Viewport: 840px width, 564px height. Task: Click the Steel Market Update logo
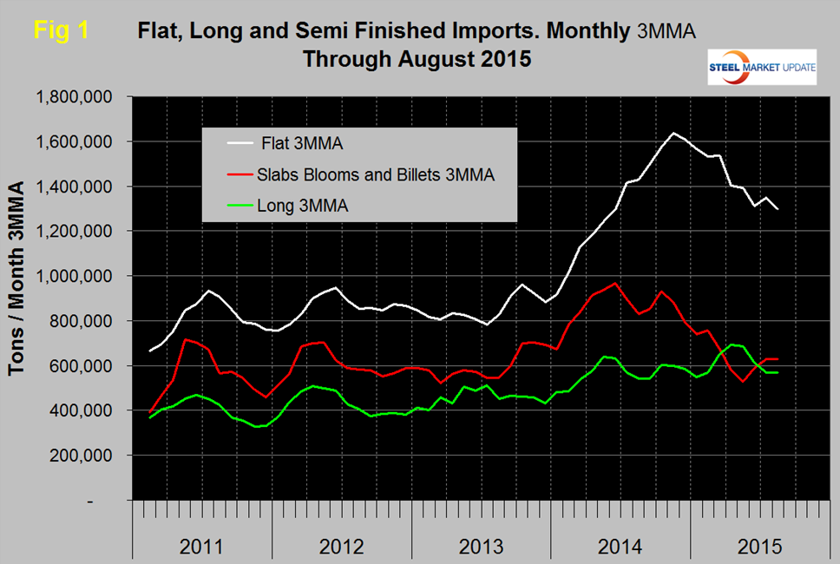762,68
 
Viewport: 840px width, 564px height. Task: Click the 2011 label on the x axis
201,548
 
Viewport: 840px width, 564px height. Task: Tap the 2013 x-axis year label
480,548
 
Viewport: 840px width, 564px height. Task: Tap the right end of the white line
778,209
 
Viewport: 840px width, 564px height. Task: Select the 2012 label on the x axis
341,548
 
